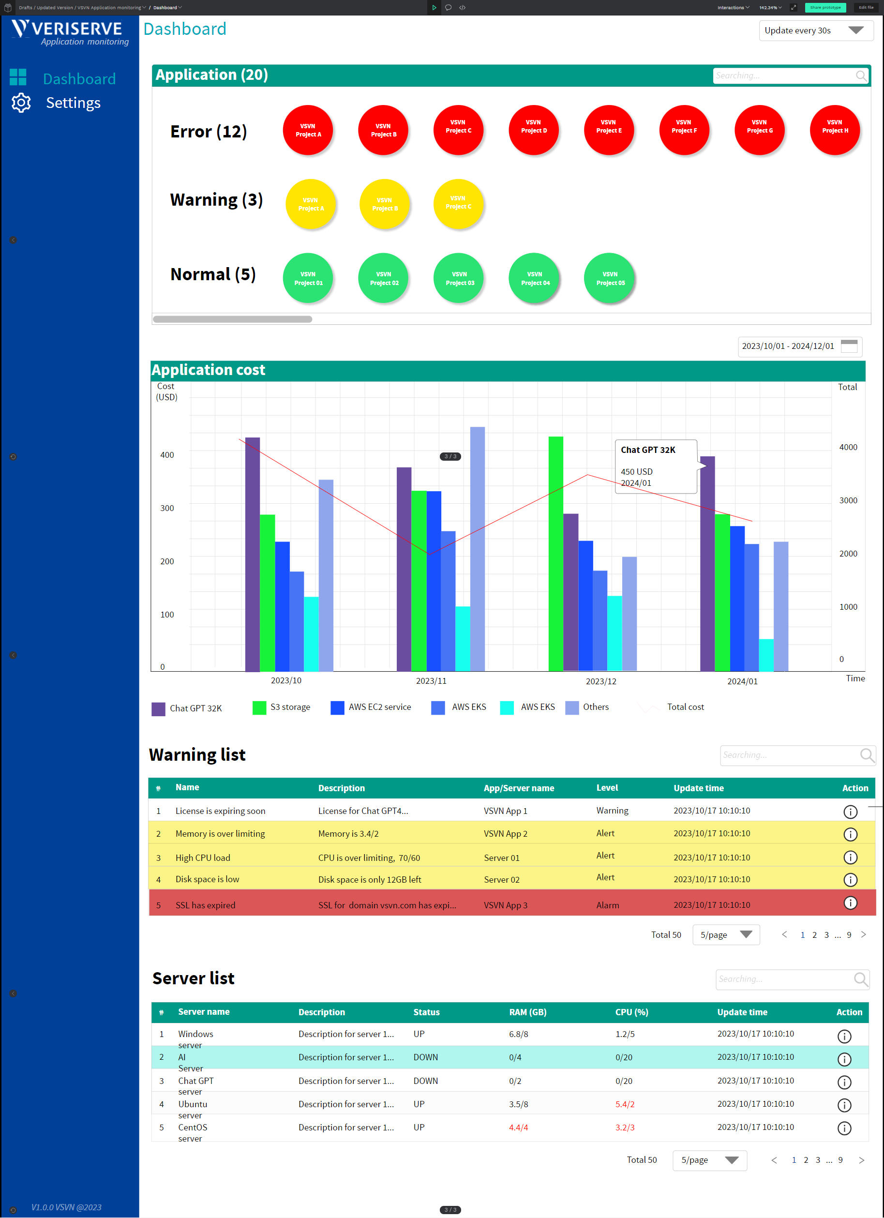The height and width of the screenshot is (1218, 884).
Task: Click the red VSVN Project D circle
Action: tap(533, 131)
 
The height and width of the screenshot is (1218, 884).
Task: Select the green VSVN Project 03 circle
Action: tap(459, 278)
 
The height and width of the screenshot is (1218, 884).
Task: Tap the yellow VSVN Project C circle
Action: tap(458, 204)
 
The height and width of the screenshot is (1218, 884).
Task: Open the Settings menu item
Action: tap(73, 103)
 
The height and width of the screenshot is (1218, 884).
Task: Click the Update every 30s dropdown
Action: tap(815, 30)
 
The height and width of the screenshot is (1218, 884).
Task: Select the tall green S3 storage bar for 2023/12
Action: tap(555, 553)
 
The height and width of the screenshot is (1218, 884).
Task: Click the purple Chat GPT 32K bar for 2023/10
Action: tap(253, 553)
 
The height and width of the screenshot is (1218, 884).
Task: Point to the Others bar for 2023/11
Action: tap(477, 548)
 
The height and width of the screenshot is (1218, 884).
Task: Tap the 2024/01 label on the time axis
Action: tap(742, 681)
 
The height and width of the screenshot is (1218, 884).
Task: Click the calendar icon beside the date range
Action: tap(849, 346)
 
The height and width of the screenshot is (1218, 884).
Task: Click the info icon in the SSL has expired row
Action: tap(850, 903)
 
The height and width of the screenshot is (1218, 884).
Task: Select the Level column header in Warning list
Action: tap(607, 787)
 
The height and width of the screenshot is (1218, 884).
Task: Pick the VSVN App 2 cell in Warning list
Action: tap(505, 833)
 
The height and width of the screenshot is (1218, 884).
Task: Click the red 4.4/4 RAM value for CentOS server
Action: tap(518, 1127)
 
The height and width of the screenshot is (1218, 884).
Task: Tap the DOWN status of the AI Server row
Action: tap(425, 1057)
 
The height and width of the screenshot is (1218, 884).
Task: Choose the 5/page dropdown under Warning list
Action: tap(726, 934)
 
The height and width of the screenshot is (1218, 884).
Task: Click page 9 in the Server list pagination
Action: tap(840, 1159)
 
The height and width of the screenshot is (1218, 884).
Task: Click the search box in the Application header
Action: tap(784, 75)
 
